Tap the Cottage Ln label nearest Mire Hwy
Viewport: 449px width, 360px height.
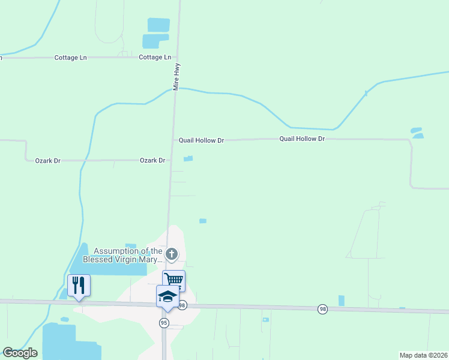[x=155, y=58]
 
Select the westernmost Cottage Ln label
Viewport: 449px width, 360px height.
[x=70, y=58]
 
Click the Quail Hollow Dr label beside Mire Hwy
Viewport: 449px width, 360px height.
[x=201, y=140]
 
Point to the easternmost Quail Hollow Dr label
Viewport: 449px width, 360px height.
[x=302, y=139]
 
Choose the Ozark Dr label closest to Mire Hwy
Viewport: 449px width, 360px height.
[x=152, y=161]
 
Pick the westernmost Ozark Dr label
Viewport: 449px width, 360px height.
[x=48, y=161]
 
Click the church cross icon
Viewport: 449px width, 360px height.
[x=172, y=254]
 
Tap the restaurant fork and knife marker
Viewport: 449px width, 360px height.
[x=79, y=284]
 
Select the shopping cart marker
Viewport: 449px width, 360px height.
[x=174, y=280]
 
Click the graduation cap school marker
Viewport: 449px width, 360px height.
[x=167, y=296]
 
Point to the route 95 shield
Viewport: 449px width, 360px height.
[x=164, y=323]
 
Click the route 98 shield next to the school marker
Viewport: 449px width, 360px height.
[x=182, y=305]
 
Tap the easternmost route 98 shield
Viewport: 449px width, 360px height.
[x=323, y=308]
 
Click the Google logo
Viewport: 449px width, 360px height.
[x=20, y=353]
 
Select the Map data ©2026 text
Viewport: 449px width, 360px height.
[x=423, y=355]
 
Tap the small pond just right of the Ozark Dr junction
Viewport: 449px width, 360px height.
[x=188, y=158]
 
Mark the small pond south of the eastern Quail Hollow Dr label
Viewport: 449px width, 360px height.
[x=203, y=221]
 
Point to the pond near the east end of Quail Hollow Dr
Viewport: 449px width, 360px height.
[x=417, y=133]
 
